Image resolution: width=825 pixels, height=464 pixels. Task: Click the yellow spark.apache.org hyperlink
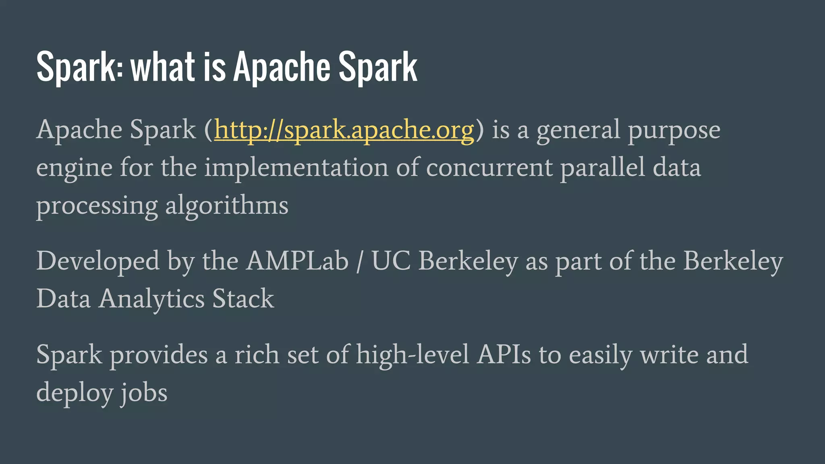tap(344, 130)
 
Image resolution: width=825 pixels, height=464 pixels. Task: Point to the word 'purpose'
tap(674, 130)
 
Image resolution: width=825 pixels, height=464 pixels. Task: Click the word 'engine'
tap(74, 168)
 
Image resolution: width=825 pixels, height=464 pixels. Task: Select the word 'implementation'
tap(296, 168)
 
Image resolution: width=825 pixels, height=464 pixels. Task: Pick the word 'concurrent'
tap(489, 168)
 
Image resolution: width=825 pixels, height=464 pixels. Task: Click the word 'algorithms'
tap(227, 205)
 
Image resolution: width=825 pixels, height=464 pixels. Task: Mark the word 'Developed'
tap(98, 261)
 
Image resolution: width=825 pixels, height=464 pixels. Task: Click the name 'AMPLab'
tap(297, 261)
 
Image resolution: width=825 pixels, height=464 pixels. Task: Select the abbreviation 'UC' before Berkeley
tap(391, 261)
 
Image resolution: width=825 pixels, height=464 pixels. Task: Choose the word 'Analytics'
tap(151, 299)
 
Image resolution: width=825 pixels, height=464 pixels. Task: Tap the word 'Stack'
tap(243, 299)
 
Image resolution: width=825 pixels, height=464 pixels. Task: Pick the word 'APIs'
tap(504, 354)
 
